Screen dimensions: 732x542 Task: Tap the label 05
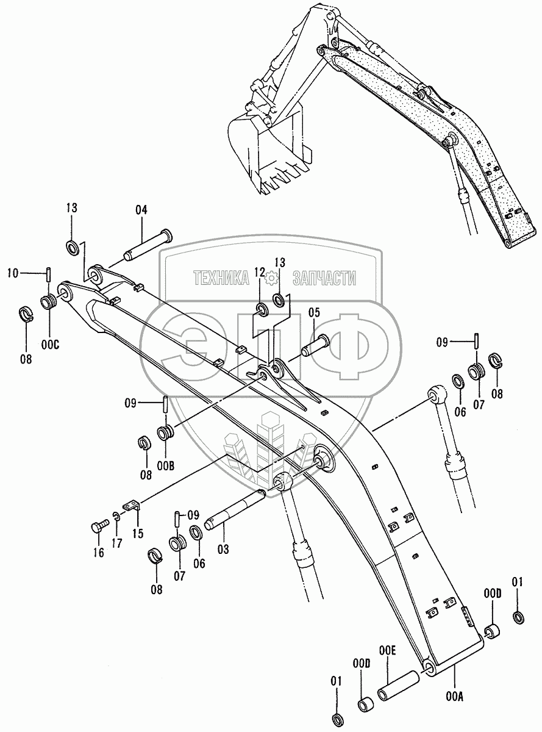click(314, 314)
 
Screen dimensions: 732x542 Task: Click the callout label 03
click(223, 550)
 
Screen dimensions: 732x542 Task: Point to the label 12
click(260, 272)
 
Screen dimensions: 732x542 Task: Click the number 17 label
click(116, 543)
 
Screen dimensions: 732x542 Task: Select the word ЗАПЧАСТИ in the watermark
click(324, 279)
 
